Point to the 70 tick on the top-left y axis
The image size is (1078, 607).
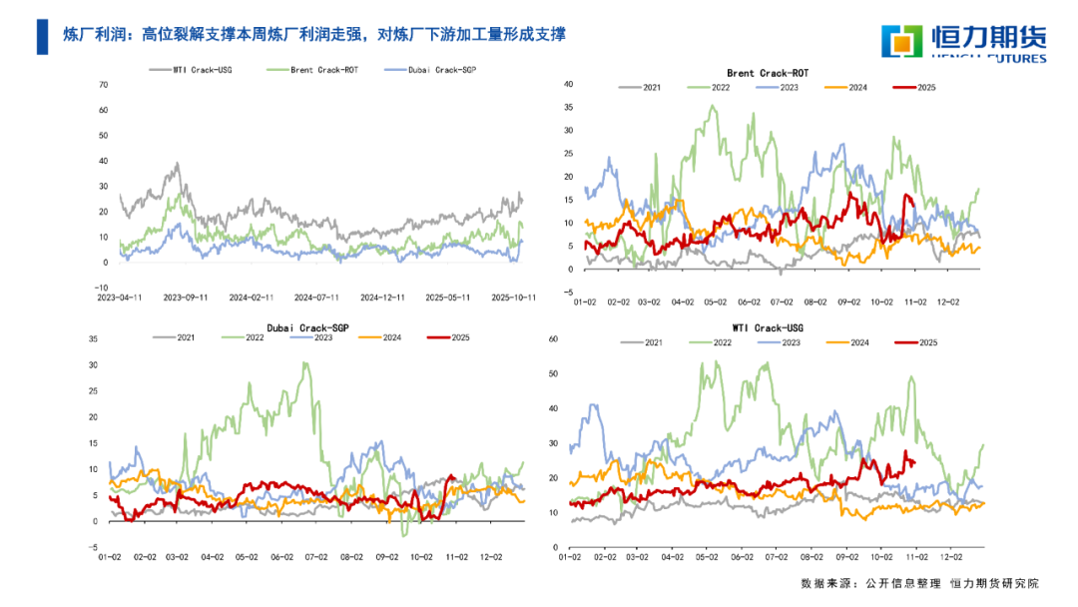pos(103,84)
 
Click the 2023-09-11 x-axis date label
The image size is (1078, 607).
pos(186,297)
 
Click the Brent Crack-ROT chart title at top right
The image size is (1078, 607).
pos(768,74)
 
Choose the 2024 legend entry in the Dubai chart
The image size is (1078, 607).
pos(385,337)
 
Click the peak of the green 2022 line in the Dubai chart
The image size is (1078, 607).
pos(304,363)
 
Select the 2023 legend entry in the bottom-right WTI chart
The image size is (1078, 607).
pos(790,342)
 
